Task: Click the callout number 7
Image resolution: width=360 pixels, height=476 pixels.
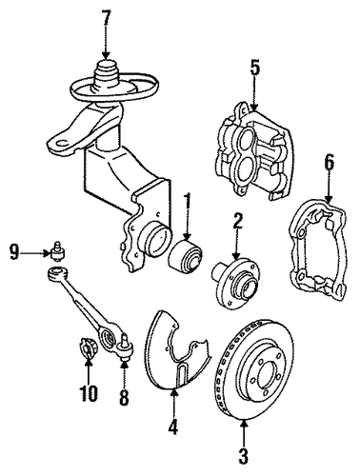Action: [107, 20]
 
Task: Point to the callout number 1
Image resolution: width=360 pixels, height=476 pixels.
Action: [188, 204]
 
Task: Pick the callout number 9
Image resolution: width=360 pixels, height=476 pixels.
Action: [14, 253]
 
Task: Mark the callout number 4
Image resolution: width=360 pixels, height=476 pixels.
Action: [173, 426]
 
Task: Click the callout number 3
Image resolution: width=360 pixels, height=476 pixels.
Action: [244, 457]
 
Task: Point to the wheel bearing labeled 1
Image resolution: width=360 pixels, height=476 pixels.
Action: [186, 259]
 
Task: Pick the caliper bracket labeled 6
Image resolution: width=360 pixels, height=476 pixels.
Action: [318, 249]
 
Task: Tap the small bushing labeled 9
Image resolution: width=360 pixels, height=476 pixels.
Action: [58, 251]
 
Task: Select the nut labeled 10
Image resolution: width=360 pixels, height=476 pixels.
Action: [87, 347]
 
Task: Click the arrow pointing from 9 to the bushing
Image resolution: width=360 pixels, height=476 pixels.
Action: [35, 253]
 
